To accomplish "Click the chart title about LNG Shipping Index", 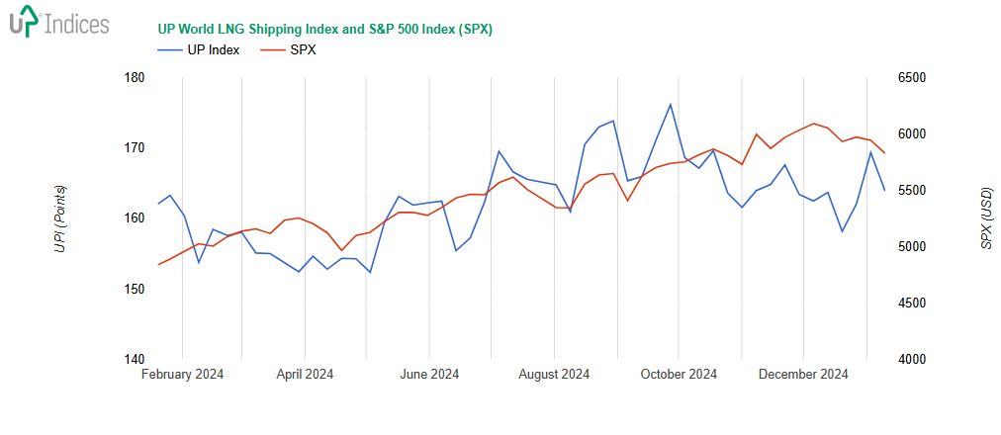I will [x=324, y=29].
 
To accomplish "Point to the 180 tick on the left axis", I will [x=135, y=77].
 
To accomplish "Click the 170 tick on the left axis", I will [x=135, y=147].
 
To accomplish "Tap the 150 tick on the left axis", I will [x=135, y=289].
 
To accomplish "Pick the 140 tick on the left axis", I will [x=135, y=359].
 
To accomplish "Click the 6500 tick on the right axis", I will [x=912, y=77].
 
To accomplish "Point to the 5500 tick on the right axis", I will [x=912, y=190].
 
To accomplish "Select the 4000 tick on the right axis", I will [x=912, y=359].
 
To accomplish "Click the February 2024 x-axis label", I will [x=182, y=375].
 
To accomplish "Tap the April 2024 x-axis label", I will [x=305, y=375].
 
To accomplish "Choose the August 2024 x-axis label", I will [x=554, y=375].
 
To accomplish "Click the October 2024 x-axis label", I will [x=680, y=375].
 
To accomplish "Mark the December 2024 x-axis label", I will [x=803, y=375].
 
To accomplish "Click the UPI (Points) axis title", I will [x=60, y=218].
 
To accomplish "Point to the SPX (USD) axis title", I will [x=985, y=218].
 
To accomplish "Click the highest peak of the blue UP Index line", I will [x=671, y=104].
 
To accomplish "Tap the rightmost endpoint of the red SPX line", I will [x=884, y=153].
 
